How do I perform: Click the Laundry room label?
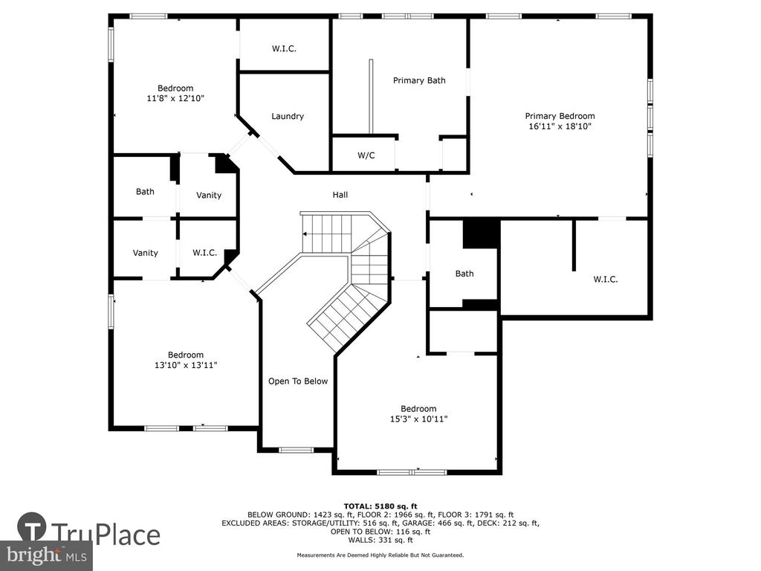288,116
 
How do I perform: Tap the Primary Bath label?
419,80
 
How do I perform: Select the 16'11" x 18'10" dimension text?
560,126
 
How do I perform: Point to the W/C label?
366,155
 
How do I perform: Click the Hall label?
340,195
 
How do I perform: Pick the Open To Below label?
298,381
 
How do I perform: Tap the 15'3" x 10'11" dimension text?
418,419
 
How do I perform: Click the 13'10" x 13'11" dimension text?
185,365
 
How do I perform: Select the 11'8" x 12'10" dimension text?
175,99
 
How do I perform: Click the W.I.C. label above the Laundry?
284,48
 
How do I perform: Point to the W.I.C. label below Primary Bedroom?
605,280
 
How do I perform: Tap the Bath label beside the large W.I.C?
464,274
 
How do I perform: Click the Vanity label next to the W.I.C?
145,253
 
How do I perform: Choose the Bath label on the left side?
145,192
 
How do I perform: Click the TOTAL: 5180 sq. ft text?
380,506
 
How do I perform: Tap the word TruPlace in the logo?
106,535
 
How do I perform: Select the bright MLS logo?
46,555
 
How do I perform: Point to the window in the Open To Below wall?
296,450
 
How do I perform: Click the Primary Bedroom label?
560,116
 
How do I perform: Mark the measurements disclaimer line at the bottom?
380,555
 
